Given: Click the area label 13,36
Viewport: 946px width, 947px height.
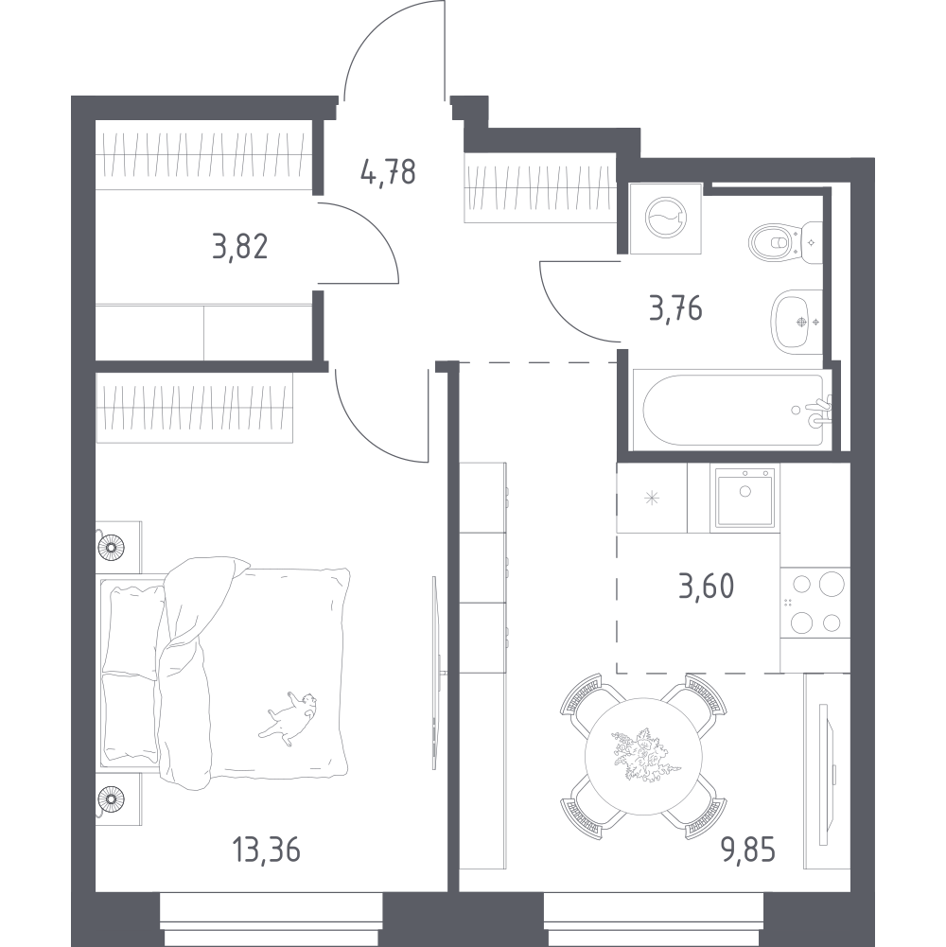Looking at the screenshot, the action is [x=266, y=851].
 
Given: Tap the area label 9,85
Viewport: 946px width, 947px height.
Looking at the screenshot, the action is [x=748, y=851].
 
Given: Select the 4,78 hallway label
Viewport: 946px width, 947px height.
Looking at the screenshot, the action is [x=388, y=172].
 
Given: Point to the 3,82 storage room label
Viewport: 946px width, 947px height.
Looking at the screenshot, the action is [x=240, y=246].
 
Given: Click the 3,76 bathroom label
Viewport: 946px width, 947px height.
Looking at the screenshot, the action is [x=676, y=308].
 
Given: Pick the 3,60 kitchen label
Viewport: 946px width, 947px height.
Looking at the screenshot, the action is [x=706, y=586].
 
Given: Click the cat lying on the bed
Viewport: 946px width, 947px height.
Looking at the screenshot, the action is [x=289, y=718].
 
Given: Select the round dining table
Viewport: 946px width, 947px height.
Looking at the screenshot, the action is [x=644, y=756].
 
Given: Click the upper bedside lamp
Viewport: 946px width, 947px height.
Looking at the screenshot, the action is [x=111, y=547].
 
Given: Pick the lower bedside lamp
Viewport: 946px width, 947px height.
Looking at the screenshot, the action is [x=111, y=798].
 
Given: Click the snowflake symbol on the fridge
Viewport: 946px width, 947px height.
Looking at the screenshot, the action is [x=651, y=499].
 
